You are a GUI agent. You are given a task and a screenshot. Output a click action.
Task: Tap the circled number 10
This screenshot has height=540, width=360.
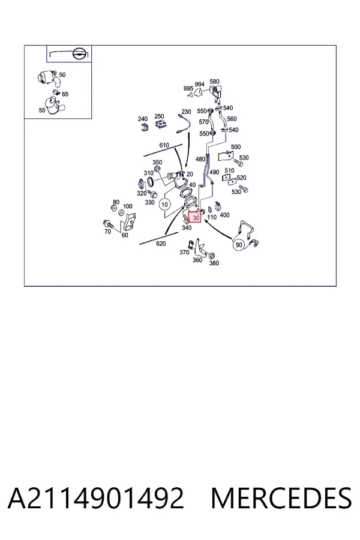click(164, 205)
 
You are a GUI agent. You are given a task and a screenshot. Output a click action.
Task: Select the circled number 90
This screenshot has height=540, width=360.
click(239, 245)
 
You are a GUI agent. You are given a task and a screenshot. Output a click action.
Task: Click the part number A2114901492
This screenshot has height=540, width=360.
click(96, 498)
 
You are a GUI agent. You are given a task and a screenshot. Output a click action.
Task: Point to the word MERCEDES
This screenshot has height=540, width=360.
click(281, 498)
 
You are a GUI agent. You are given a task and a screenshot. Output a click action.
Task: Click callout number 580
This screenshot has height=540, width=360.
click(214, 82)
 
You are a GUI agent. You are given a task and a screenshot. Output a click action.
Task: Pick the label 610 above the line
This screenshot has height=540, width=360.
click(164, 145)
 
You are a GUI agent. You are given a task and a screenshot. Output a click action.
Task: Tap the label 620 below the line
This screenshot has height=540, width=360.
click(161, 244)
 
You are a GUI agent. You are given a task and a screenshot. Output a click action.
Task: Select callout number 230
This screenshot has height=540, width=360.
click(186, 112)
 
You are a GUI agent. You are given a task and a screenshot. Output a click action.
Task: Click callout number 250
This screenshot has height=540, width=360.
click(159, 116)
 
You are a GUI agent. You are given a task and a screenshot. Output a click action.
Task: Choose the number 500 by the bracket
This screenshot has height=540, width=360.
click(236, 147)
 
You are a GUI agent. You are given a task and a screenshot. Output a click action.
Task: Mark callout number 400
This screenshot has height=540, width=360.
click(224, 215)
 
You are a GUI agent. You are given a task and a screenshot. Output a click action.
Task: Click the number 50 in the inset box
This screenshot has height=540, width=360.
click(62, 75)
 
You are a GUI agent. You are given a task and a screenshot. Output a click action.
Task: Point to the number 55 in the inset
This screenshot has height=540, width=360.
click(42, 110)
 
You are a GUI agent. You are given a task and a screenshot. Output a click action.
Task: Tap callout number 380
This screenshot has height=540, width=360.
click(214, 263)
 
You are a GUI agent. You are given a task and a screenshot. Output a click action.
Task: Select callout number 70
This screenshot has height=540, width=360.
click(108, 232)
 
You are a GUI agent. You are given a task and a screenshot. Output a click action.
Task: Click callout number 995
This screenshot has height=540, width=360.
click(188, 89)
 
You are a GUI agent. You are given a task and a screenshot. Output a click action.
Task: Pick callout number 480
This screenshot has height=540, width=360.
click(200, 159)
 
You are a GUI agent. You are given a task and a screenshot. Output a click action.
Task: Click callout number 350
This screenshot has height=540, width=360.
click(157, 162)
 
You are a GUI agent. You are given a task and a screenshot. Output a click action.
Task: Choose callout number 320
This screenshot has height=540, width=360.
click(142, 194)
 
